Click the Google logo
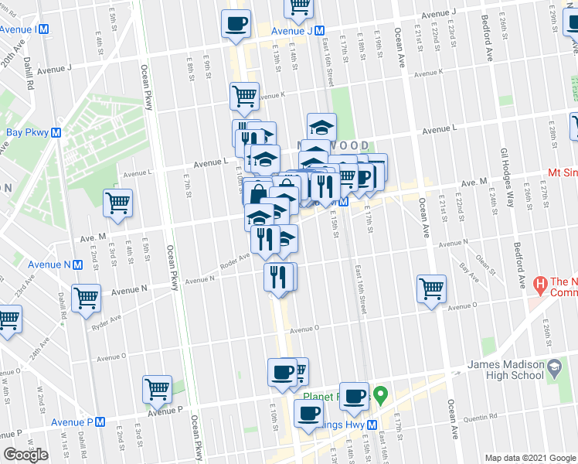click(25, 455)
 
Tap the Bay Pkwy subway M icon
click(56, 132)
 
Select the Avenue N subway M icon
click(78, 264)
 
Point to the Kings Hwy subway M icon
click(372, 425)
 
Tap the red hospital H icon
click(539, 283)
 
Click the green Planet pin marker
click(379, 397)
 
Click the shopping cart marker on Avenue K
click(244, 96)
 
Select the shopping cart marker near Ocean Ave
click(431, 288)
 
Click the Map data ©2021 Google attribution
click(529, 457)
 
